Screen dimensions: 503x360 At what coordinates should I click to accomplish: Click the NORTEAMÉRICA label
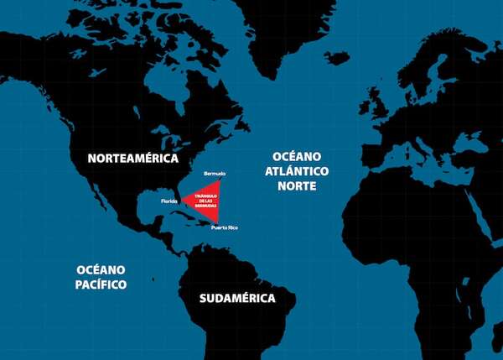pyautogui.click(x=133, y=158)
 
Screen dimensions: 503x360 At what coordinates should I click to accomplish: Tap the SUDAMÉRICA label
pyautogui.click(x=237, y=298)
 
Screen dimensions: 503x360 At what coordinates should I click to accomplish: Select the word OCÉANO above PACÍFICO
pyautogui.click(x=101, y=269)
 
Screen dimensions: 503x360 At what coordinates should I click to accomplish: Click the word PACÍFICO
pyautogui.click(x=101, y=284)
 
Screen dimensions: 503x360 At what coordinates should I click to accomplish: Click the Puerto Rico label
pyautogui.click(x=225, y=227)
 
